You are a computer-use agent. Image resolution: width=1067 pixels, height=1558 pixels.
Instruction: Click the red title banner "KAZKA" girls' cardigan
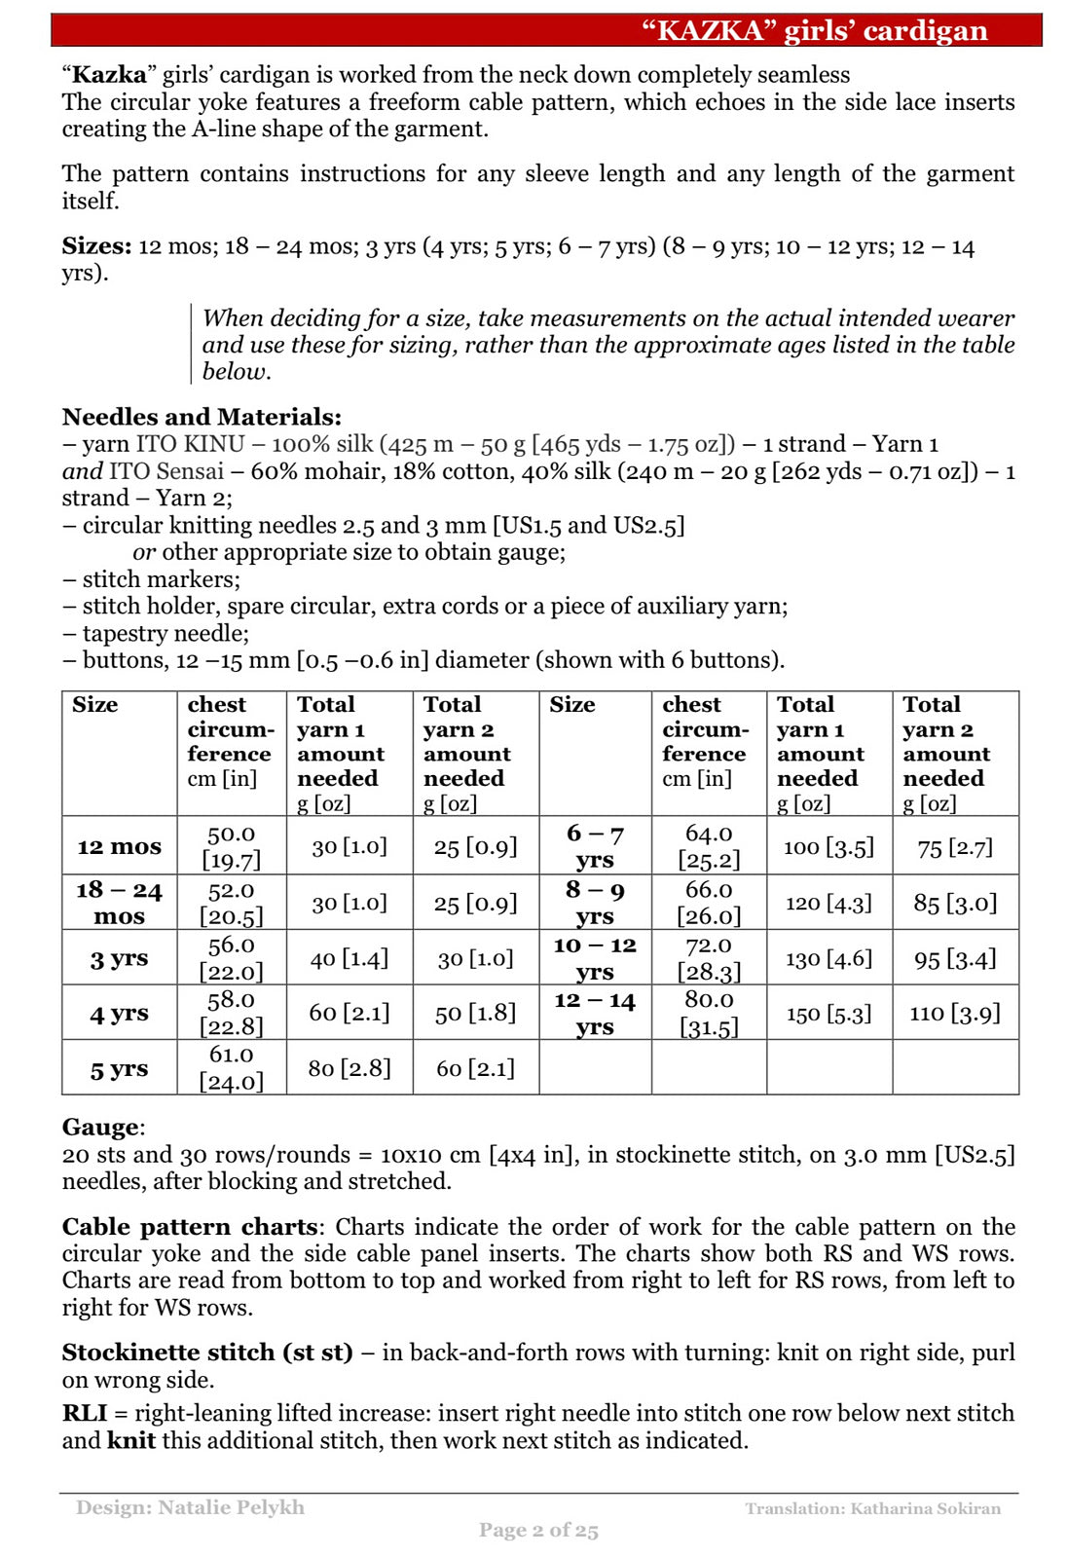(814, 30)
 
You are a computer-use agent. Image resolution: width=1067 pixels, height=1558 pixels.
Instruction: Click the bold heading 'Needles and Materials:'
(202, 417)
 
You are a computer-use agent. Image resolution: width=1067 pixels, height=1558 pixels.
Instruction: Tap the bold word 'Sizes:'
(96, 246)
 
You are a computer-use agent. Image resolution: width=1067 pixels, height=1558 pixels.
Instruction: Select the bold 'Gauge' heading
(101, 1128)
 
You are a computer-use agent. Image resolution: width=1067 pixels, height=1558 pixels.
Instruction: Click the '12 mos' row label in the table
(119, 846)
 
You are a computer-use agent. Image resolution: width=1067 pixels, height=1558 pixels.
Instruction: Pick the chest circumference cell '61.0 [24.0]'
(232, 1067)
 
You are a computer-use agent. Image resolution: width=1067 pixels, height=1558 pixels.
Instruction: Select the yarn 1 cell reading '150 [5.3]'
(828, 1014)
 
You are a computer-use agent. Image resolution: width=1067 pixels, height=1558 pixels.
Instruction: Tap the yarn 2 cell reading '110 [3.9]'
(954, 1014)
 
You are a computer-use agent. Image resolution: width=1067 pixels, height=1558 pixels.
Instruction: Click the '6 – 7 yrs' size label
(595, 846)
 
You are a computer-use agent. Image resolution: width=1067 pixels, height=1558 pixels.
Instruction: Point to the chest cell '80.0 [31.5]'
(708, 1013)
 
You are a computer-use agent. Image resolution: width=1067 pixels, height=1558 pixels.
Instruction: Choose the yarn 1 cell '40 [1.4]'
(349, 959)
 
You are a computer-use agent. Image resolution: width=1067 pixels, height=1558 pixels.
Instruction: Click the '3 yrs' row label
(119, 959)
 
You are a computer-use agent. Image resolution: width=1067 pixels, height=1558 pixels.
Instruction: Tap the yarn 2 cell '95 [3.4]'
(954, 959)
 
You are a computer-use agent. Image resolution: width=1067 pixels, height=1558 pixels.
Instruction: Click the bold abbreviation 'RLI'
(85, 1414)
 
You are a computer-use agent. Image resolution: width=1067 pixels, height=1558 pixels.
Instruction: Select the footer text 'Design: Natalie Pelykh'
(190, 1507)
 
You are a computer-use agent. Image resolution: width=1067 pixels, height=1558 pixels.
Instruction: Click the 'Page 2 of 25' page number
(538, 1530)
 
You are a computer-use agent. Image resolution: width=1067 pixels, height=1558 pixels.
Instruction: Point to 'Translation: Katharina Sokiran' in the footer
(872, 1508)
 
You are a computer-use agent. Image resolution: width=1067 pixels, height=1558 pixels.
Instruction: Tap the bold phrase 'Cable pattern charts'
(190, 1227)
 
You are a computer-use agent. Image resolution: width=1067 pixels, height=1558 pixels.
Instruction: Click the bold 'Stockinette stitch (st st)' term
(207, 1353)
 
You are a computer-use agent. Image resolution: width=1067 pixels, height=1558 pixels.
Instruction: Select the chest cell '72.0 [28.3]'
(708, 958)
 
